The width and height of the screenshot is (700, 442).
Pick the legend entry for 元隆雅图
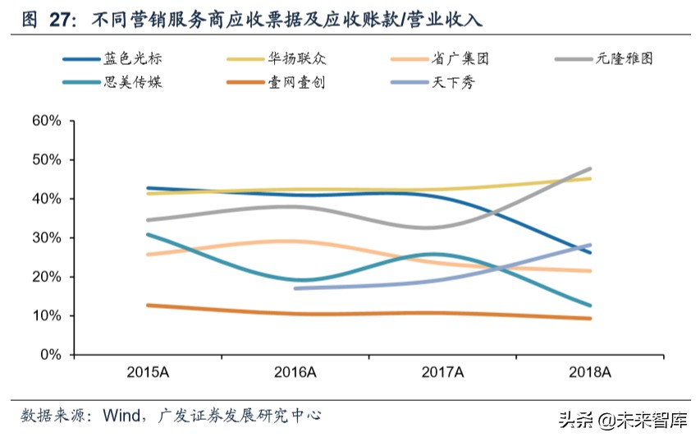[625, 58]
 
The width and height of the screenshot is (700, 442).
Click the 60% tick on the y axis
[46, 121]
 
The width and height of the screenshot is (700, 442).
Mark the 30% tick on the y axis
[46, 238]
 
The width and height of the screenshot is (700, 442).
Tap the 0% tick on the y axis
[49, 355]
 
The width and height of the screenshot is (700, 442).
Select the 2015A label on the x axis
[148, 372]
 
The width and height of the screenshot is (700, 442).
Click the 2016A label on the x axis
[295, 372]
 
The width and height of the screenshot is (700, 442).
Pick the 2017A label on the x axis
[443, 372]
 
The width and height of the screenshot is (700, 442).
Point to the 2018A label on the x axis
[590, 372]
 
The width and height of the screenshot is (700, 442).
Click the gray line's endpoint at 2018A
[590, 169]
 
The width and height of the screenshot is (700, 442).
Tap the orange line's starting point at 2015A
[148, 305]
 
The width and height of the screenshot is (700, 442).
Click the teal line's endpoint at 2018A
[590, 306]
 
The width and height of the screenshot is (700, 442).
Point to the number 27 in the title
[59, 19]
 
